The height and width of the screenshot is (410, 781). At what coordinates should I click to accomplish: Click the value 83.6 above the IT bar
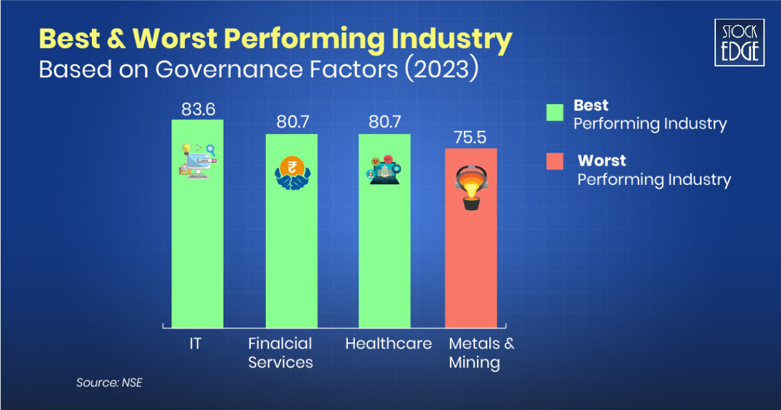pyautogui.click(x=197, y=110)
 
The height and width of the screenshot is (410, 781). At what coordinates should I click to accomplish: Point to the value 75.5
pyautogui.click(x=471, y=138)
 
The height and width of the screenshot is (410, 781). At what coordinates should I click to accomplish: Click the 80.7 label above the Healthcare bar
pyautogui.click(x=384, y=123)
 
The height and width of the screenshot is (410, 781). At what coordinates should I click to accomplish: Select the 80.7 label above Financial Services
pyautogui.click(x=291, y=123)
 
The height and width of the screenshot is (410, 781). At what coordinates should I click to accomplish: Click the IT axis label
pyautogui.click(x=195, y=344)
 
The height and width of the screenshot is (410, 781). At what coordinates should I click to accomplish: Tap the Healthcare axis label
pyautogui.click(x=388, y=344)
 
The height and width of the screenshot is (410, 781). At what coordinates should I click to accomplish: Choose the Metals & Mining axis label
pyautogui.click(x=481, y=353)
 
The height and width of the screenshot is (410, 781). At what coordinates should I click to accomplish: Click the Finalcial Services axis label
pyautogui.click(x=280, y=353)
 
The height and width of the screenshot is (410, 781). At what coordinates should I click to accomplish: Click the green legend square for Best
pyautogui.click(x=554, y=112)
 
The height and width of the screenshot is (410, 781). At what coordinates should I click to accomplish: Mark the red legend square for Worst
pyautogui.click(x=554, y=162)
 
